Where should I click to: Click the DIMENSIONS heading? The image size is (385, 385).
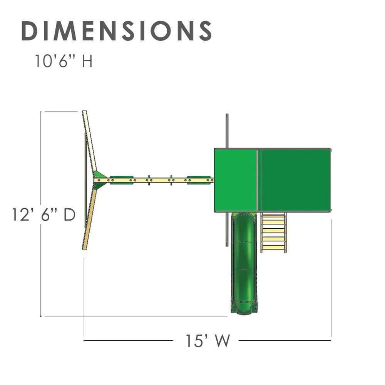coord(116,31)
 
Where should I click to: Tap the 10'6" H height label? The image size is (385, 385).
coord(64,61)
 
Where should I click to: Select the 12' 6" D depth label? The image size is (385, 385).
coord(44,214)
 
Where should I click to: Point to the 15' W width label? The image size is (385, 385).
coord(208,341)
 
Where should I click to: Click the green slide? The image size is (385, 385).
coord(244,263)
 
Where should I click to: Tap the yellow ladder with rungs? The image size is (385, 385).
coord(273,232)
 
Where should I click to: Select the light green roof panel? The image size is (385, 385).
coord(236,180)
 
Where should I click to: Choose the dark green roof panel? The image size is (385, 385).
coord(296,180)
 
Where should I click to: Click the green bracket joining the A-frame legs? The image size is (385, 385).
coord(100,180)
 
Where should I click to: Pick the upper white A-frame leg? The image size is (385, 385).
coord(90,141)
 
